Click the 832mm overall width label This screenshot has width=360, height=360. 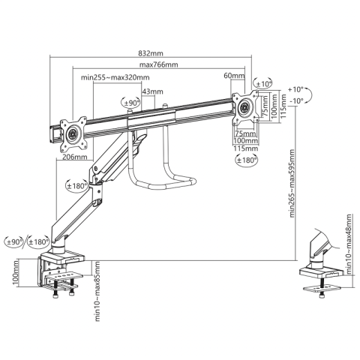(151, 53)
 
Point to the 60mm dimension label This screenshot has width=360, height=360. (233, 76)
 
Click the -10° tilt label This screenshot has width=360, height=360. (298, 100)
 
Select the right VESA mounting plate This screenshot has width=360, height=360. (244, 107)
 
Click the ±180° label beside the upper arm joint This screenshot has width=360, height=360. (77, 185)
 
